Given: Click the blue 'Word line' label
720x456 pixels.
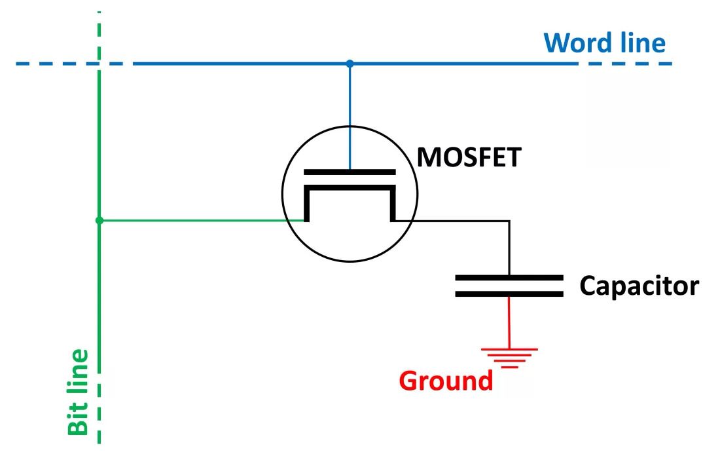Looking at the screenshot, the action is pyautogui.click(x=604, y=43).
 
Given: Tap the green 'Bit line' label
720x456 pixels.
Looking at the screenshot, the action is pyautogui.click(x=78, y=392).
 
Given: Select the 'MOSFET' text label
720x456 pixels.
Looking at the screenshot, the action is pyautogui.click(x=469, y=157).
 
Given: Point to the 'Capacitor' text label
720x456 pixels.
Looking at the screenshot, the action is pyautogui.click(x=639, y=286).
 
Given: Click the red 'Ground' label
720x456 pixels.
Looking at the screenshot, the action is pyautogui.click(x=446, y=381).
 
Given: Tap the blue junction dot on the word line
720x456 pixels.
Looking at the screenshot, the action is pyautogui.click(x=350, y=64).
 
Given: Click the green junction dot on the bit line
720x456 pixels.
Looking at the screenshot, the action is pyautogui.click(x=99, y=221).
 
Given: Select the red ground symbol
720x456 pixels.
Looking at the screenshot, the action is pyautogui.click(x=509, y=358).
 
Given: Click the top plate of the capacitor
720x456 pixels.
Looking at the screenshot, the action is pyautogui.click(x=509, y=278).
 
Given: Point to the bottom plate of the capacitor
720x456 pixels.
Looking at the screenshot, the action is pyautogui.click(x=509, y=294).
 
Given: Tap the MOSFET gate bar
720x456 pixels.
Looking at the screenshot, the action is pyautogui.click(x=350, y=172).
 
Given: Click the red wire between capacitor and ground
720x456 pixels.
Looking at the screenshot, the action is pyautogui.click(x=509, y=323).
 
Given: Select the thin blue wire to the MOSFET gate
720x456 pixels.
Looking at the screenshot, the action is pyautogui.click(x=350, y=117).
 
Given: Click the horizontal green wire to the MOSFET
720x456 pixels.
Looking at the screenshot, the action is pyautogui.click(x=202, y=221).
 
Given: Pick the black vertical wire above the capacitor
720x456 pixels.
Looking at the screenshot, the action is pyautogui.click(x=509, y=248).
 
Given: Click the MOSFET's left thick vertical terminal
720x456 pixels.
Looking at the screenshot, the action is pyautogui.click(x=307, y=204).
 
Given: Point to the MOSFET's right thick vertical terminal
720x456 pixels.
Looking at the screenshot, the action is pyautogui.click(x=393, y=204).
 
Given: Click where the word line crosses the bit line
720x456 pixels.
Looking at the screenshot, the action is pyautogui.click(x=99, y=64).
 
